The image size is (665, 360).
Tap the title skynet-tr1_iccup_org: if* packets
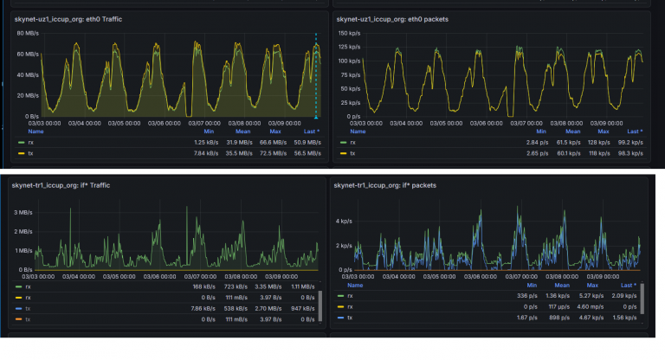pyautogui.click(x=384, y=186)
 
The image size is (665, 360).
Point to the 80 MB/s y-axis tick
pyautogui.click(x=27, y=33)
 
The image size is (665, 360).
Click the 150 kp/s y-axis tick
pyautogui.click(x=349, y=33)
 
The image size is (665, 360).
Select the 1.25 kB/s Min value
pyautogui.click(x=204, y=141)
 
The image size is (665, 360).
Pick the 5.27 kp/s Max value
pyautogui.click(x=591, y=296)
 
